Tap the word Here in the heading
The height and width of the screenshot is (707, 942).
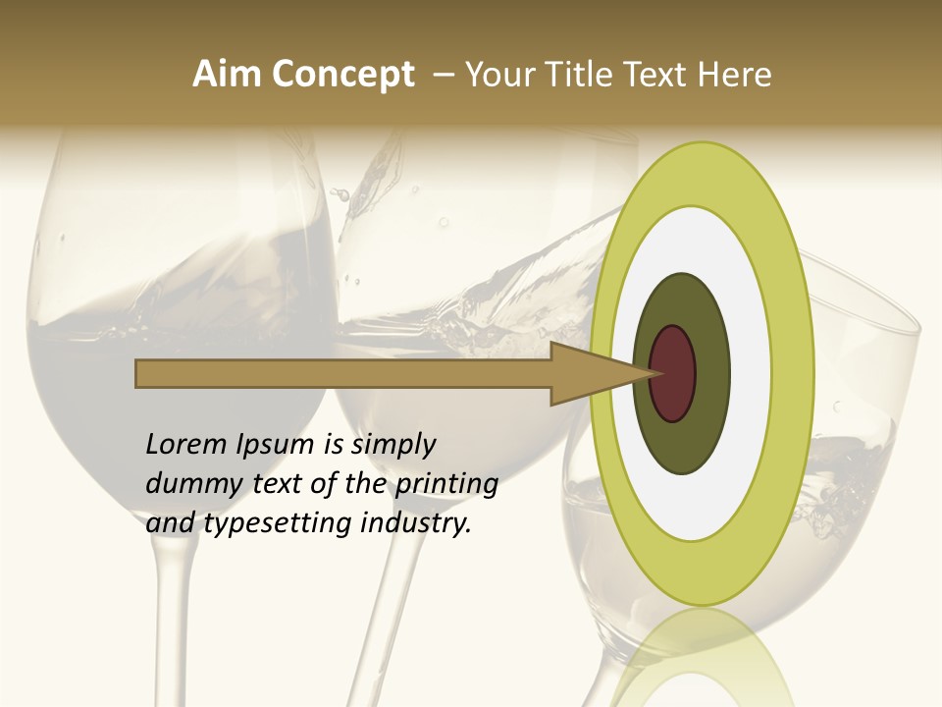pos(736,75)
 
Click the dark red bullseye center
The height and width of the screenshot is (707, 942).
pos(672,373)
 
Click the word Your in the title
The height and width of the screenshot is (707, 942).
pos(495,75)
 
